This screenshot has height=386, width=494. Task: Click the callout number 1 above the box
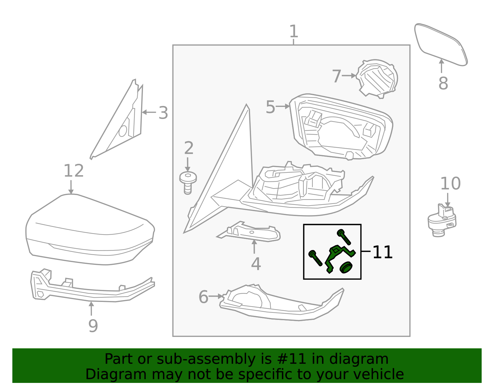click(294, 32)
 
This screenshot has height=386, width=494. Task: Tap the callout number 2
click(188, 148)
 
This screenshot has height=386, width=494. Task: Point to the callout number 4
click(256, 264)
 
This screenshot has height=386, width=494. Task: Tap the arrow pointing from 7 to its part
click(349, 75)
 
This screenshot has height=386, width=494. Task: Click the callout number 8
click(443, 83)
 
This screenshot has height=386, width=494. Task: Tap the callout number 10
click(450, 184)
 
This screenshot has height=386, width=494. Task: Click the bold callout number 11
click(382, 252)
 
